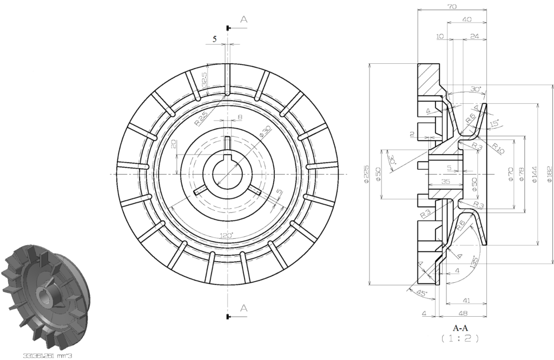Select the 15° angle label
[493, 124]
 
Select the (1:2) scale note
[460, 338]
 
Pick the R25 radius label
[201, 118]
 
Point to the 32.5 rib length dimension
[204, 80]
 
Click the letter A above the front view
[244, 19]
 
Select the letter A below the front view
[244, 308]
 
